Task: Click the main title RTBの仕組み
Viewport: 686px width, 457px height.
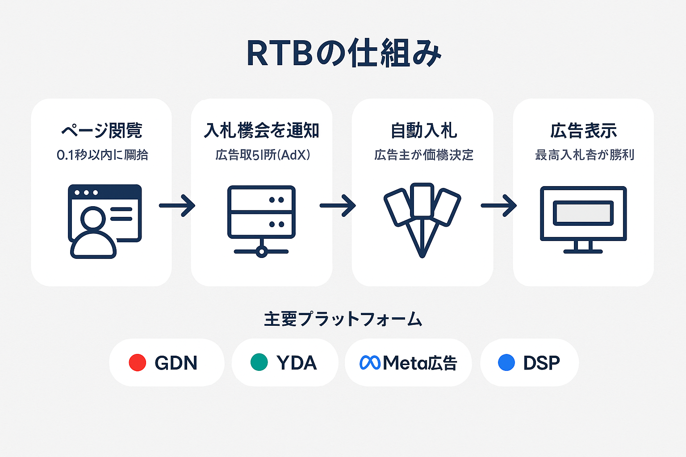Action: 343,54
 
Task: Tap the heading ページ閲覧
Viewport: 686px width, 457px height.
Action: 101,131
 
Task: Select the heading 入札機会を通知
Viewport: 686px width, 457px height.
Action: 261,131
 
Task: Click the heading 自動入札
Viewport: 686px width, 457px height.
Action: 423,131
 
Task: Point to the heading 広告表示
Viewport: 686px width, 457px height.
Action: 583,131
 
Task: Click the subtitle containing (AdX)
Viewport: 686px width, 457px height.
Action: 263,155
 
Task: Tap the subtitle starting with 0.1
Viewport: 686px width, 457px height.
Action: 102,155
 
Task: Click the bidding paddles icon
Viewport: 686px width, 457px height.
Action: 422,219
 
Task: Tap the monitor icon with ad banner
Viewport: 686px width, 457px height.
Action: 583,219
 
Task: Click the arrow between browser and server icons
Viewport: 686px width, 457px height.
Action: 177,206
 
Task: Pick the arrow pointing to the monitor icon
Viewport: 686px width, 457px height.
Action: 498,206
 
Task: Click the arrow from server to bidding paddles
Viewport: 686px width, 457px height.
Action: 338,206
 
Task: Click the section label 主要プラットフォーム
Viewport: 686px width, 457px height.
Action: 343,319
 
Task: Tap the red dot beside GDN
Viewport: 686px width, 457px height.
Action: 138,362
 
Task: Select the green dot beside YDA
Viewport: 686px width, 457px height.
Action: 259,362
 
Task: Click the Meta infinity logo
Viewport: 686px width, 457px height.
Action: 370,362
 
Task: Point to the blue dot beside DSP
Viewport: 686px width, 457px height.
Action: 506,362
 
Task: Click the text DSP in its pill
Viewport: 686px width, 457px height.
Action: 541,363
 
